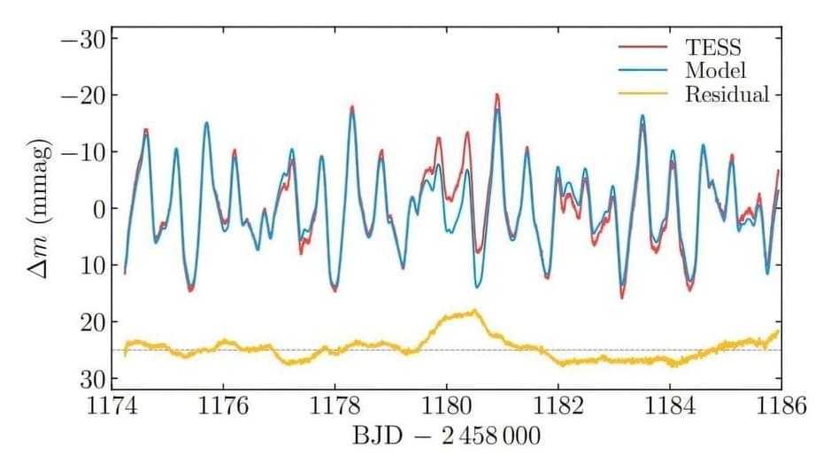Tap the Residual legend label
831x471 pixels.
tap(727, 94)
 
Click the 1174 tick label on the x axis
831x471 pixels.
tap(112, 405)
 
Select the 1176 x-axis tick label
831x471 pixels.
tap(224, 405)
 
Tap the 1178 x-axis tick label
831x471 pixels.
tap(335, 405)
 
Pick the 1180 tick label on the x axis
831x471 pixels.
tap(447, 405)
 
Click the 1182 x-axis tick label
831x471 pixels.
tap(558, 405)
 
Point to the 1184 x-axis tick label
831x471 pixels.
tap(670, 405)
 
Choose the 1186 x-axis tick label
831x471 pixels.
tap(781, 405)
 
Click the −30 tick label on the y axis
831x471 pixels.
tap(83, 39)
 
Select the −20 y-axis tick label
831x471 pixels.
tap(83, 96)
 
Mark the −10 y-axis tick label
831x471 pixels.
tap(83, 152)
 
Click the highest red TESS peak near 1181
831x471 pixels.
tap(496, 95)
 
